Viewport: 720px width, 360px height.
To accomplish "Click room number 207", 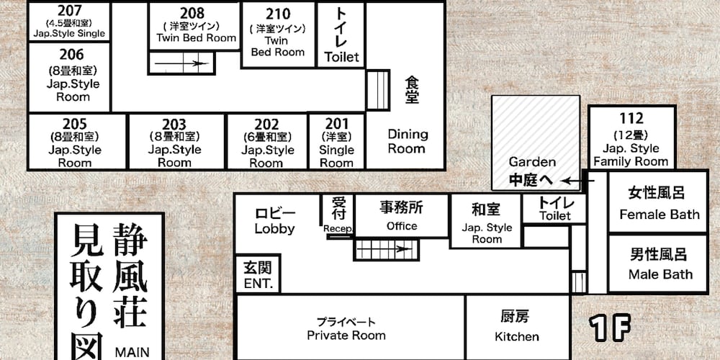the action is [x=70, y=10].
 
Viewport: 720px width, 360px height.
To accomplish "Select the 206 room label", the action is [x=72, y=55].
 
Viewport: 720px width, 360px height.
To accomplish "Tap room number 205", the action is [x=75, y=124].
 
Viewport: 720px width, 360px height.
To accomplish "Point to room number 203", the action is [x=174, y=125].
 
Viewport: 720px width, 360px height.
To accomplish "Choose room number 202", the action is [x=267, y=125].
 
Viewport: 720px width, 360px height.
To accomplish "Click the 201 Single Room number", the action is [x=336, y=124].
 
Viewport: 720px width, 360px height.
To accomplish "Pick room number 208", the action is [x=192, y=13].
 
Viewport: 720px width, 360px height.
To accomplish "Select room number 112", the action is [x=631, y=119].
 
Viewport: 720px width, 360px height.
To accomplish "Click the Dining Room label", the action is [x=408, y=141].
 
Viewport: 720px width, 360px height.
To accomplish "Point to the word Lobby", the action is [x=274, y=228].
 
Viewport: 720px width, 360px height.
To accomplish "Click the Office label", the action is [x=402, y=226].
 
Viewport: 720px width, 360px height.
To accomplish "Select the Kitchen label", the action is [x=516, y=336].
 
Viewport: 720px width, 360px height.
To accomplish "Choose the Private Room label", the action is [x=346, y=336].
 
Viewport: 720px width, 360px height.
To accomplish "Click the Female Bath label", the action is [x=660, y=215].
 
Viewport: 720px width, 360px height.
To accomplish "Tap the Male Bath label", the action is [x=660, y=274].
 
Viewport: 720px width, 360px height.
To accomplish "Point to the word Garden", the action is [x=532, y=162].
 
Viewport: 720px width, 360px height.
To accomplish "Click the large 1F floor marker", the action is [x=611, y=328].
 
